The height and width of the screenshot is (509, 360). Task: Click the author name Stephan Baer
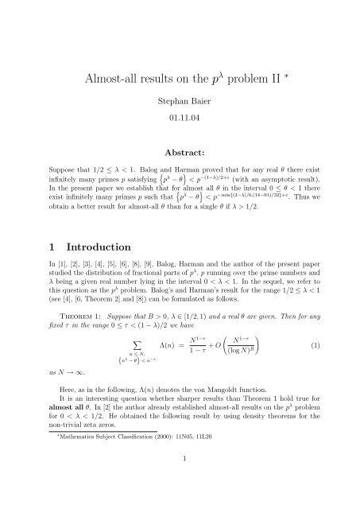tap(180, 106)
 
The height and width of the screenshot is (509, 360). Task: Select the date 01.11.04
tap(180, 125)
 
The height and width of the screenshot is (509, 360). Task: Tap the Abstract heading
tap(180, 173)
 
